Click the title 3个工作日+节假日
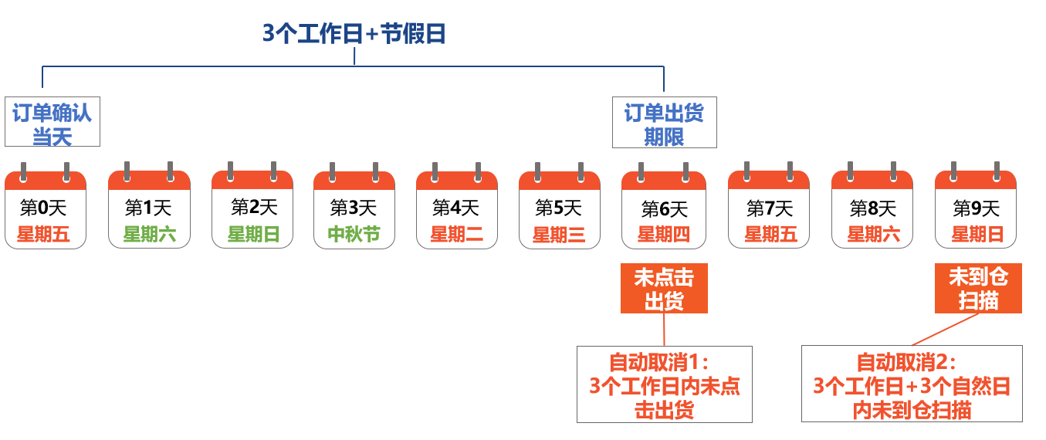coord(354,34)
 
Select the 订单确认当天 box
coord(52,121)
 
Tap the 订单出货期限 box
coord(665,123)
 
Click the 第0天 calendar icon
coord(46,205)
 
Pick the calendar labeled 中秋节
coord(354,205)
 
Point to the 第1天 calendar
coord(149,205)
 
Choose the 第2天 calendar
coord(252,205)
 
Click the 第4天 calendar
coord(457,205)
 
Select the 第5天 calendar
coord(560,205)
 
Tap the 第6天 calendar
coord(664,205)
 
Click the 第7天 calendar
coord(769,205)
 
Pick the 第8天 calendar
coord(872,205)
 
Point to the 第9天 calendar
coord(976,205)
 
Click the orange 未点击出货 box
coord(664,288)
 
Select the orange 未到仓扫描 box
coord(978,288)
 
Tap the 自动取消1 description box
coord(665,384)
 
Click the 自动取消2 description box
coord(912,384)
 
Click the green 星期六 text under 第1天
coord(150,234)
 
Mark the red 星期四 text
coord(664,234)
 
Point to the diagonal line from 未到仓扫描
coord(945,330)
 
